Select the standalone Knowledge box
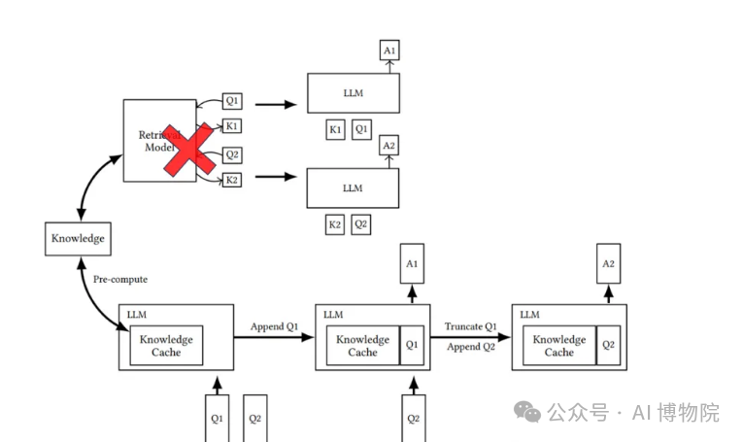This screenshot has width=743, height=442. click(x=78, y=238)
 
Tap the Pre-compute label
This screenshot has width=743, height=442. click(x=120, y=280)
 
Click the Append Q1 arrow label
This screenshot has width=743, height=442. click(x=274, y=326)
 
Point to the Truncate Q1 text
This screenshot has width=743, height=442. click(x=471, y=326)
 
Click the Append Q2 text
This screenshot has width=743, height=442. click(x=471, y=347)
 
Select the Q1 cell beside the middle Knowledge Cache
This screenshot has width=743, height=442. click(x=412, y=344)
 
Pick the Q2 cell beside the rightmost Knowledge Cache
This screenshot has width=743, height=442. click(x=608, y=344)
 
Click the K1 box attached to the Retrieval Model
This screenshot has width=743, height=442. click(x=231, y=125)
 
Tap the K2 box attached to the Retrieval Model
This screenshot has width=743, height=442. click(x=231, y=179)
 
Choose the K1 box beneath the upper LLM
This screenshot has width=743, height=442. click(x=335, y=129)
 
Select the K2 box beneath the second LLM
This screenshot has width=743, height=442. click(x=335, y=224)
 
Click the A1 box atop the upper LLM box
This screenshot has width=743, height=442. click(x=389, y=50)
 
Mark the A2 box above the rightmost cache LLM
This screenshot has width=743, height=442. click(x=609, y=263)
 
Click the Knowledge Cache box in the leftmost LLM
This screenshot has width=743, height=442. click(x=166, y=345)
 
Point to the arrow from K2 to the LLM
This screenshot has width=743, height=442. click(x=275, y=178)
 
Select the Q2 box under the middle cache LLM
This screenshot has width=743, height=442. click(x=413, y=419)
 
